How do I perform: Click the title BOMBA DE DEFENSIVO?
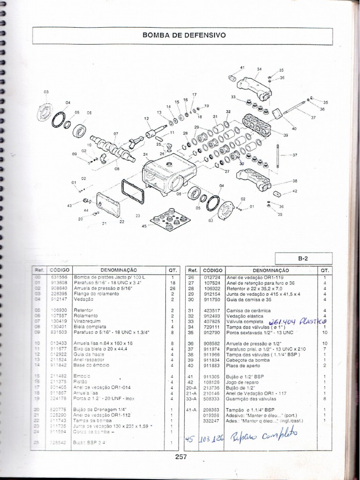click(x=184, y=35)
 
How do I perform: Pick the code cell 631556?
click(x=59, y=277)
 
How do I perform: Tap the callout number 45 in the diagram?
click(x=144, y=226)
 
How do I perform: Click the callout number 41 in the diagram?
click(x=242, y=68)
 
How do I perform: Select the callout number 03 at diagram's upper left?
click(x=46, y=92)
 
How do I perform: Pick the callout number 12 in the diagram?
click(x=146, y=119)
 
